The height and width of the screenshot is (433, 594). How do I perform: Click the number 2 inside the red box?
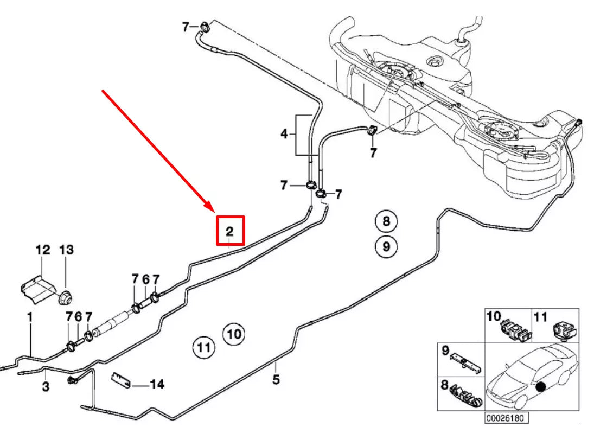(229, 232)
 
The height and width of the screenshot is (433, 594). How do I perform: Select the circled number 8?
(386, 221)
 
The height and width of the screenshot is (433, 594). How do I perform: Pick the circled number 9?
(386, 247)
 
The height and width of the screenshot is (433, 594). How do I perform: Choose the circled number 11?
(203, 346)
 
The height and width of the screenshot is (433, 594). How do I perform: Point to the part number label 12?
(42, 250)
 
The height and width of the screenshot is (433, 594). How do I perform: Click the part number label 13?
(66, 250)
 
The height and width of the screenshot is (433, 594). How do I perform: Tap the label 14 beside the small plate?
(157, 385)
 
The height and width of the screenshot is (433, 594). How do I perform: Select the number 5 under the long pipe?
(276, 380)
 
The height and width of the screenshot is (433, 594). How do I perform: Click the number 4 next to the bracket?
(284, 133)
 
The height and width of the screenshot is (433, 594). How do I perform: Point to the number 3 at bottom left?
(46, 386)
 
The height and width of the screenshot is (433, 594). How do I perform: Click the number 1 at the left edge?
(30, 316)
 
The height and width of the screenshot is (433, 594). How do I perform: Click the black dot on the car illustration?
(540, 386)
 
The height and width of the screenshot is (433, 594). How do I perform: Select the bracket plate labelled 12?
(38, 285)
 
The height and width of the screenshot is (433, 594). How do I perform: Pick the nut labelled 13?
(66, 297)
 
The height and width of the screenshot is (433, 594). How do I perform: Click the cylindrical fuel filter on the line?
(112, 323)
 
